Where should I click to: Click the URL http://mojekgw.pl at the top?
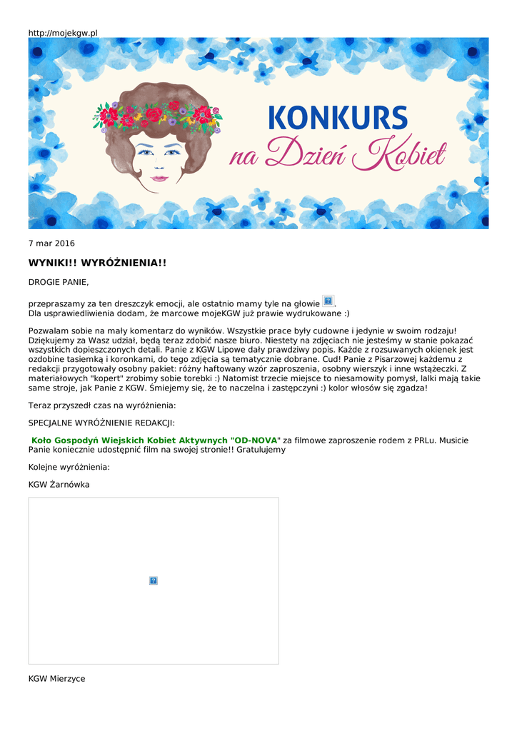[63, 33]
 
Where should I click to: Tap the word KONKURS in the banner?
[338, 119]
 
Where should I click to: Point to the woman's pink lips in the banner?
[159, 178]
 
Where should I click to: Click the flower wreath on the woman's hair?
[157, 114]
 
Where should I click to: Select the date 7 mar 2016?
[51, 243]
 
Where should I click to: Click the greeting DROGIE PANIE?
[59, 283]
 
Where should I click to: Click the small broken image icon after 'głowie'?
[328, 301]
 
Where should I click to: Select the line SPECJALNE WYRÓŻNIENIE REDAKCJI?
[101, 423]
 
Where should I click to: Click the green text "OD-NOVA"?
[256, 440]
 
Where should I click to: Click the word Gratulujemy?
[261, 450]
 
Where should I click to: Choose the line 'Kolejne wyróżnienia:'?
[69, 467]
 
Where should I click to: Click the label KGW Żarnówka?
[59, 485]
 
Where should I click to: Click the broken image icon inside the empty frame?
[154, 581]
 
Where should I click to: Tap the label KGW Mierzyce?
[57, 679]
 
